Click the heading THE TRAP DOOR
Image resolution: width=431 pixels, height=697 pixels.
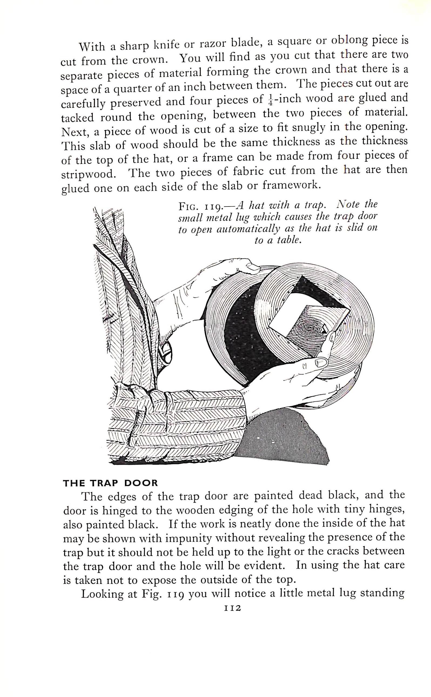click(110, 483)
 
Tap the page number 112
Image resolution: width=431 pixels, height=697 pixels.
click(233, 608)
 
